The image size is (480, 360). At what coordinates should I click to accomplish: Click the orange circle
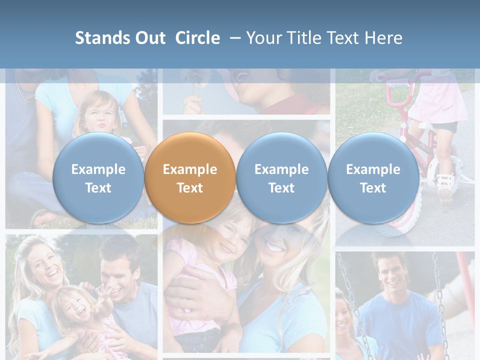point(189,178)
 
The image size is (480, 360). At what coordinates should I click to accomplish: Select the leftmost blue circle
point(98,178)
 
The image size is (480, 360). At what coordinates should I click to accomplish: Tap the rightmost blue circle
point(373,178)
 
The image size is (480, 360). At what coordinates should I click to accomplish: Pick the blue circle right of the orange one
point(281,178)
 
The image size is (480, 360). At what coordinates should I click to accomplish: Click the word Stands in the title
point(103,38)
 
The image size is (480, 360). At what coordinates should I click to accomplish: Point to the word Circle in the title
point(197,38)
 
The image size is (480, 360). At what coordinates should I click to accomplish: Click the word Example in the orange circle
point(189,169)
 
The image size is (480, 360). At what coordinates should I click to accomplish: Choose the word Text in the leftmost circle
point(98,188)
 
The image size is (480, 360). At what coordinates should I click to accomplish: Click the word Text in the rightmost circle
point(373,188)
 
